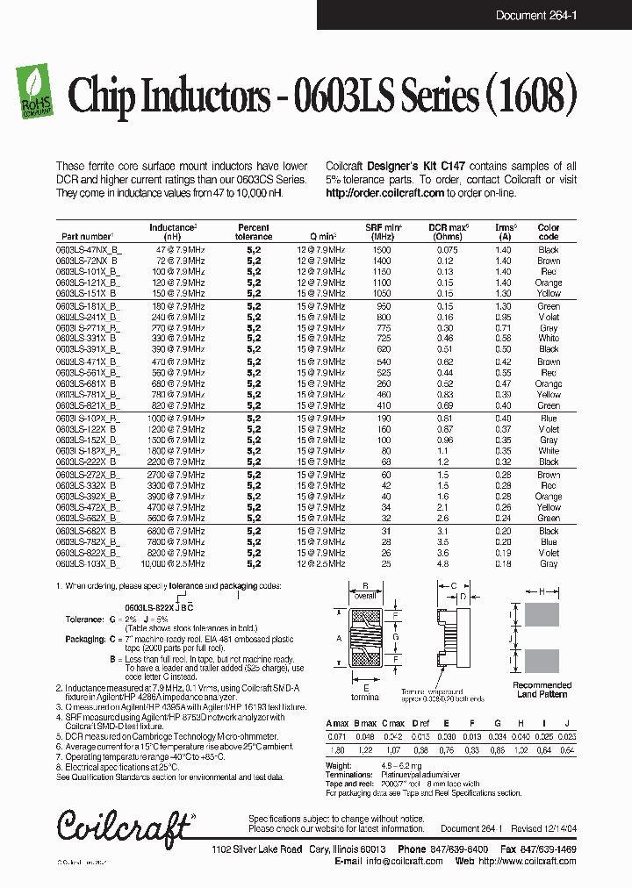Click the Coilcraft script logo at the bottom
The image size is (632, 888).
(123, 825)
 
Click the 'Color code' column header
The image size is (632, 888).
(548, 232)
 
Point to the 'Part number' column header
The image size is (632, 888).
(87, 237)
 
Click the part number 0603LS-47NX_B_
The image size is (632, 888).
(87, 250)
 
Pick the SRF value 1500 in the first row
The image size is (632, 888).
(383, 250)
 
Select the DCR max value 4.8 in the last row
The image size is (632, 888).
(443, 564)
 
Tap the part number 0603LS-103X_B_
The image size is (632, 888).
(87, 564)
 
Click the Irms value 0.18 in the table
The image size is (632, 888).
(503, 564)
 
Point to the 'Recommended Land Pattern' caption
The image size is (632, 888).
(542, 690)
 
